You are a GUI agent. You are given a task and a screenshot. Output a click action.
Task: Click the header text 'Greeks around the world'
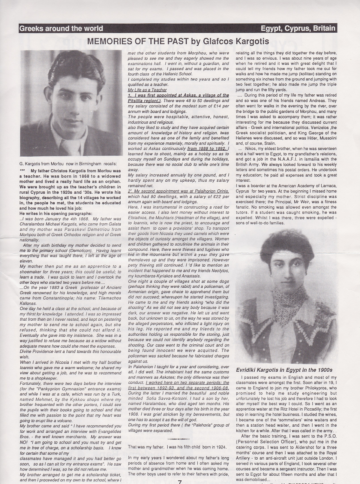(61, 28)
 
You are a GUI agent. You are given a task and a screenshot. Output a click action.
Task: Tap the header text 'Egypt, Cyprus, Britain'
(298, 28)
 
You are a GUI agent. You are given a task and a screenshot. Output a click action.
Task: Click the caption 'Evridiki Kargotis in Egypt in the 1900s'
(284, 370)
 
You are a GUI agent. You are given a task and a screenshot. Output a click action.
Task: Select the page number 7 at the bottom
(180, 481)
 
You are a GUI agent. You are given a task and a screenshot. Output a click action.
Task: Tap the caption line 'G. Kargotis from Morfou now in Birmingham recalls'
(68, 163)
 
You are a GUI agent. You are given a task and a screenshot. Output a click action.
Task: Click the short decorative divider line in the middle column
(178, 439)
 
